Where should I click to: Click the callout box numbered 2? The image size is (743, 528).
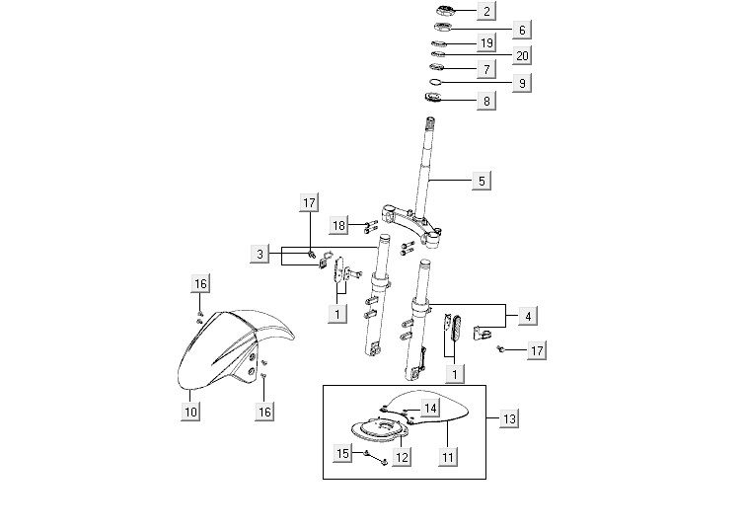coord(486,12)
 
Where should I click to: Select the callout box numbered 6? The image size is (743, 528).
coord(522,30)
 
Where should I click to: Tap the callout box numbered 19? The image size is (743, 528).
coord(486,43)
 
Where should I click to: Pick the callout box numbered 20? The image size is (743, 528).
coord(522,56)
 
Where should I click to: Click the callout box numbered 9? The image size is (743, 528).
coord(522,83)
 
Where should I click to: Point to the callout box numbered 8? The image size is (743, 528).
coord(486,101)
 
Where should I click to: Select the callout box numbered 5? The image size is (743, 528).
coord(482,181)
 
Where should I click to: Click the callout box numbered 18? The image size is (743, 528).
coord(338,225)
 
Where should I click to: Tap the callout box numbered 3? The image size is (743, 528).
coord(260,254)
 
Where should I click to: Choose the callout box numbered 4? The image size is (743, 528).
coord(528,316)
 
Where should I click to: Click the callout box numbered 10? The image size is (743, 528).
coord(190,412)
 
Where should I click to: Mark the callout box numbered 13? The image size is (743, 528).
coord(509,419)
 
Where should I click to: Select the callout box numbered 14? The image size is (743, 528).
coord(430,408)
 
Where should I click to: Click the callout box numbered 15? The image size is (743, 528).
coord(342,453)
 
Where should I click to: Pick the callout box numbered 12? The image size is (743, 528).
coord(402,457)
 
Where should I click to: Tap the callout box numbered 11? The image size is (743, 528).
coord(448,457)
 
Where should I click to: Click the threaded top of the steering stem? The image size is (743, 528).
coord(430,122)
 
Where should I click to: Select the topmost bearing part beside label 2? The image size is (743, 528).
coord(445,10)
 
